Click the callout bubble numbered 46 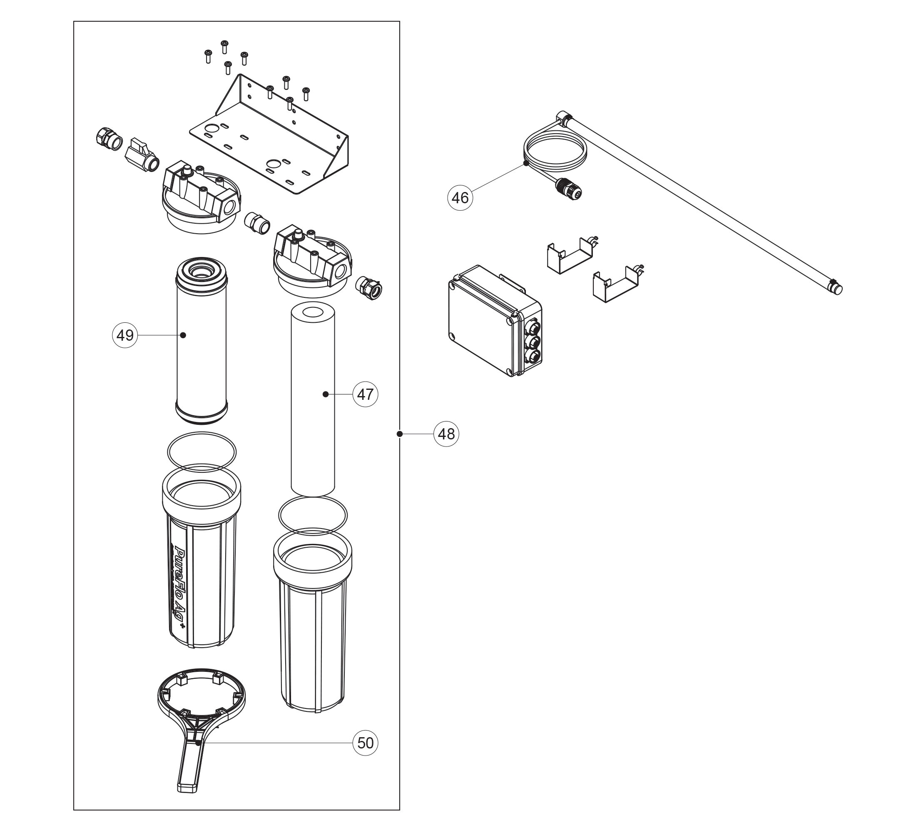(460, 198)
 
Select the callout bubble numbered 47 (365, 394)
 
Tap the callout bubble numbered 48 (446, 434)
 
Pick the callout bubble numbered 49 (125, 335)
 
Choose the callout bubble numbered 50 (365, 743)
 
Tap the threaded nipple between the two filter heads (257, 222)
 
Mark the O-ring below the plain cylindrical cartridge (313, 516)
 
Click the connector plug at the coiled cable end (569, 189)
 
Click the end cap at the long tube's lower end (835, 288)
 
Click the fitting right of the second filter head (369, 288)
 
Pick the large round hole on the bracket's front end (274, 163)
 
